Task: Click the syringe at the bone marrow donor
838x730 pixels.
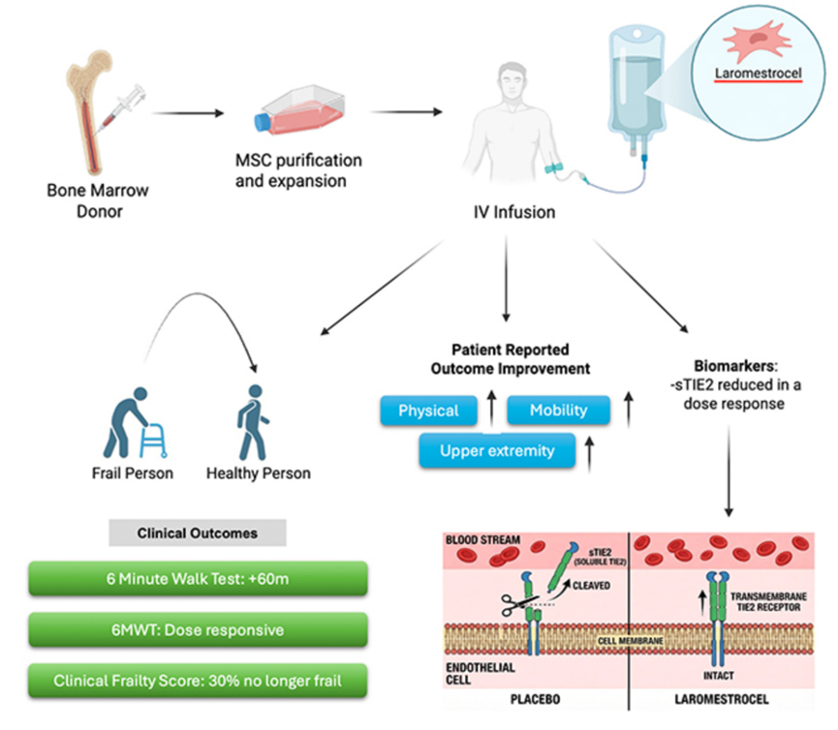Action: (x=122, y=108)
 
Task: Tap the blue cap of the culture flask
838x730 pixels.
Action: (x=263, y=122)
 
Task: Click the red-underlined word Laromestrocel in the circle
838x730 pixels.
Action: (x=759, y=74)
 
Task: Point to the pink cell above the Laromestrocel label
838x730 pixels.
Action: (x=758, y=40)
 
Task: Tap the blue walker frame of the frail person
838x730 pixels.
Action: (x=153, y=441)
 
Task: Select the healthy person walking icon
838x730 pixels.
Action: (x=252, y=422)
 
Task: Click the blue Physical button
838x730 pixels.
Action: (x=428, y=411)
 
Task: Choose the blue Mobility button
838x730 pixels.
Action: (x=558, y=411)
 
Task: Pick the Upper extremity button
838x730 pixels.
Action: (x=497, y=451)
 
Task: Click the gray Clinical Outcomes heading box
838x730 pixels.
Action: (x=198, y=532)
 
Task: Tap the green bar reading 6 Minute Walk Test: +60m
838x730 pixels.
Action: (x=198, y=579)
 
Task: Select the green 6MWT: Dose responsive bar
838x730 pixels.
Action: (x=198, y=630)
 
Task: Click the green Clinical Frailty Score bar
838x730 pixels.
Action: (x=198, y=681)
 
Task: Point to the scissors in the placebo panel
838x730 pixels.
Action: (x=514, y=605)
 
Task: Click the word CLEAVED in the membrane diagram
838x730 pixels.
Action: (x=591, y=586)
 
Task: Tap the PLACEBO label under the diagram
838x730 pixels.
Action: (x=535, y=700)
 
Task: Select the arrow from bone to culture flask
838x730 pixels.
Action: (x=188, y=113)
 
